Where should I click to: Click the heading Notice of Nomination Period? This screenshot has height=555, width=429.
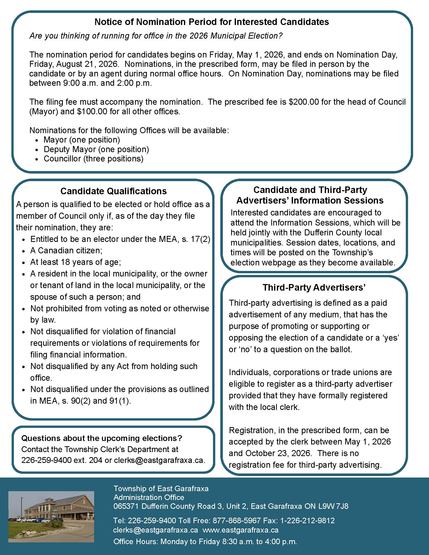tap(211, 22)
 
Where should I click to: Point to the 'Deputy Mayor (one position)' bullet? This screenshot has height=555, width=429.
tap(96, 149)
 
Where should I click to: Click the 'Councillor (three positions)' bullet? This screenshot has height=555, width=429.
tap(93, 159)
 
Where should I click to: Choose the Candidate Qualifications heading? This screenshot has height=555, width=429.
tap(113, 191)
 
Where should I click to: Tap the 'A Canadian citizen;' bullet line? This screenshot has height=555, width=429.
tap(66, 251)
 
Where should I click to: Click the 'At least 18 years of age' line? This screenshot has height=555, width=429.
tap(75, 262)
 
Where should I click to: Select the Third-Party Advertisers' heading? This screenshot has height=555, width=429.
tap(314, 287)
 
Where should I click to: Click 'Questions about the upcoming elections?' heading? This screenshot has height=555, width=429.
tap(102, 438)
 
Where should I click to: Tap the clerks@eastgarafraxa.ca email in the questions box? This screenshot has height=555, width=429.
tap(159, 460)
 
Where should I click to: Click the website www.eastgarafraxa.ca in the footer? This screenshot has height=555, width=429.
tap(240, 530)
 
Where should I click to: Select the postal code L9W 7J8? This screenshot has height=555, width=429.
tap(333, 506)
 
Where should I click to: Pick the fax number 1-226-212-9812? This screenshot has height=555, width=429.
tap(307, 521)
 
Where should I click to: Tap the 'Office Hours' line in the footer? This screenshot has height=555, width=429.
tap(205, 542)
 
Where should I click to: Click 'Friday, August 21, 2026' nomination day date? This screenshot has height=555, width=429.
tap(73, 64)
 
